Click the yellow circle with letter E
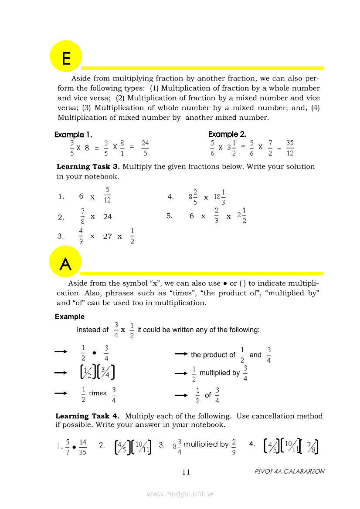[x=66, y=56]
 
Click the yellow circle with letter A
[x=65, y=262]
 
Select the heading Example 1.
[x=73, y=135]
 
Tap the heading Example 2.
[x=227, y=134]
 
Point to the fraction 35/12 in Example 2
[x=290, y=148]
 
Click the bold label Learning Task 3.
[x=88, y=167]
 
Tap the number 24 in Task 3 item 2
[x=108, y=216]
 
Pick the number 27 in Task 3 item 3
[x=108, y=236]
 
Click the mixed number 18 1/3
[x=220, y=197]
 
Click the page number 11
[x=186, y=472]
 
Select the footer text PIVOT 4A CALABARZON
[x=289, y=472]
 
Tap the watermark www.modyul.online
[x=180, y=494]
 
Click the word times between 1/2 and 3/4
[x=98, y=393]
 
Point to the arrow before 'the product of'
[x=181, y=354]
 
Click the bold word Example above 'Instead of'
[x=70, y=317]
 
